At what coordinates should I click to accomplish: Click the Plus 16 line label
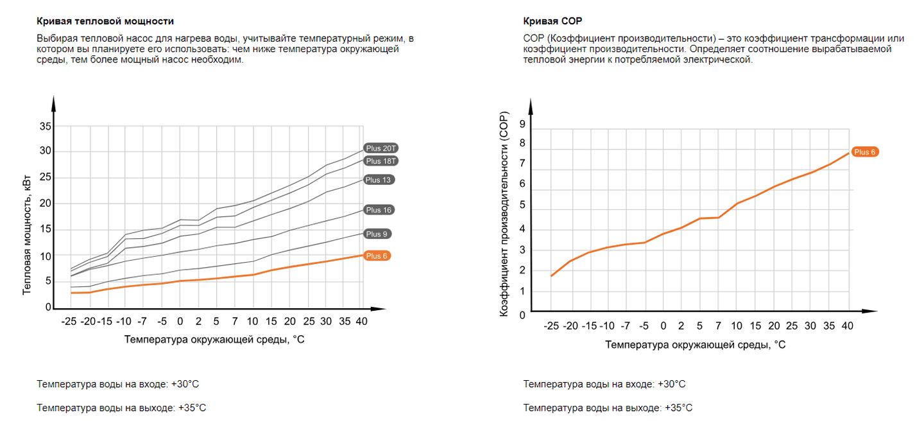378,210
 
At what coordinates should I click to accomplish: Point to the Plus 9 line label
377,234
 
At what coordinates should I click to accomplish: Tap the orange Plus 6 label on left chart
377,256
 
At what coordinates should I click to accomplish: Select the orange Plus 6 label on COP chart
864,152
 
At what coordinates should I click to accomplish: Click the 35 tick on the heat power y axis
45,126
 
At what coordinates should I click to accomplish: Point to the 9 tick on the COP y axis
522,124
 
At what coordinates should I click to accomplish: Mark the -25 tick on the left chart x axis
69,320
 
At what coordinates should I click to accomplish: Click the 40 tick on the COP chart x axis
848,326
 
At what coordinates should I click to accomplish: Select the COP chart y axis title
504,214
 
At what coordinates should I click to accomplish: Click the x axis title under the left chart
214,339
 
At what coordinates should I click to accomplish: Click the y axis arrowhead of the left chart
55,101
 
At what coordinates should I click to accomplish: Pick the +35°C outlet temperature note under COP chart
608,408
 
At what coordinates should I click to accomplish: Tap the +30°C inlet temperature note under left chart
118,384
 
